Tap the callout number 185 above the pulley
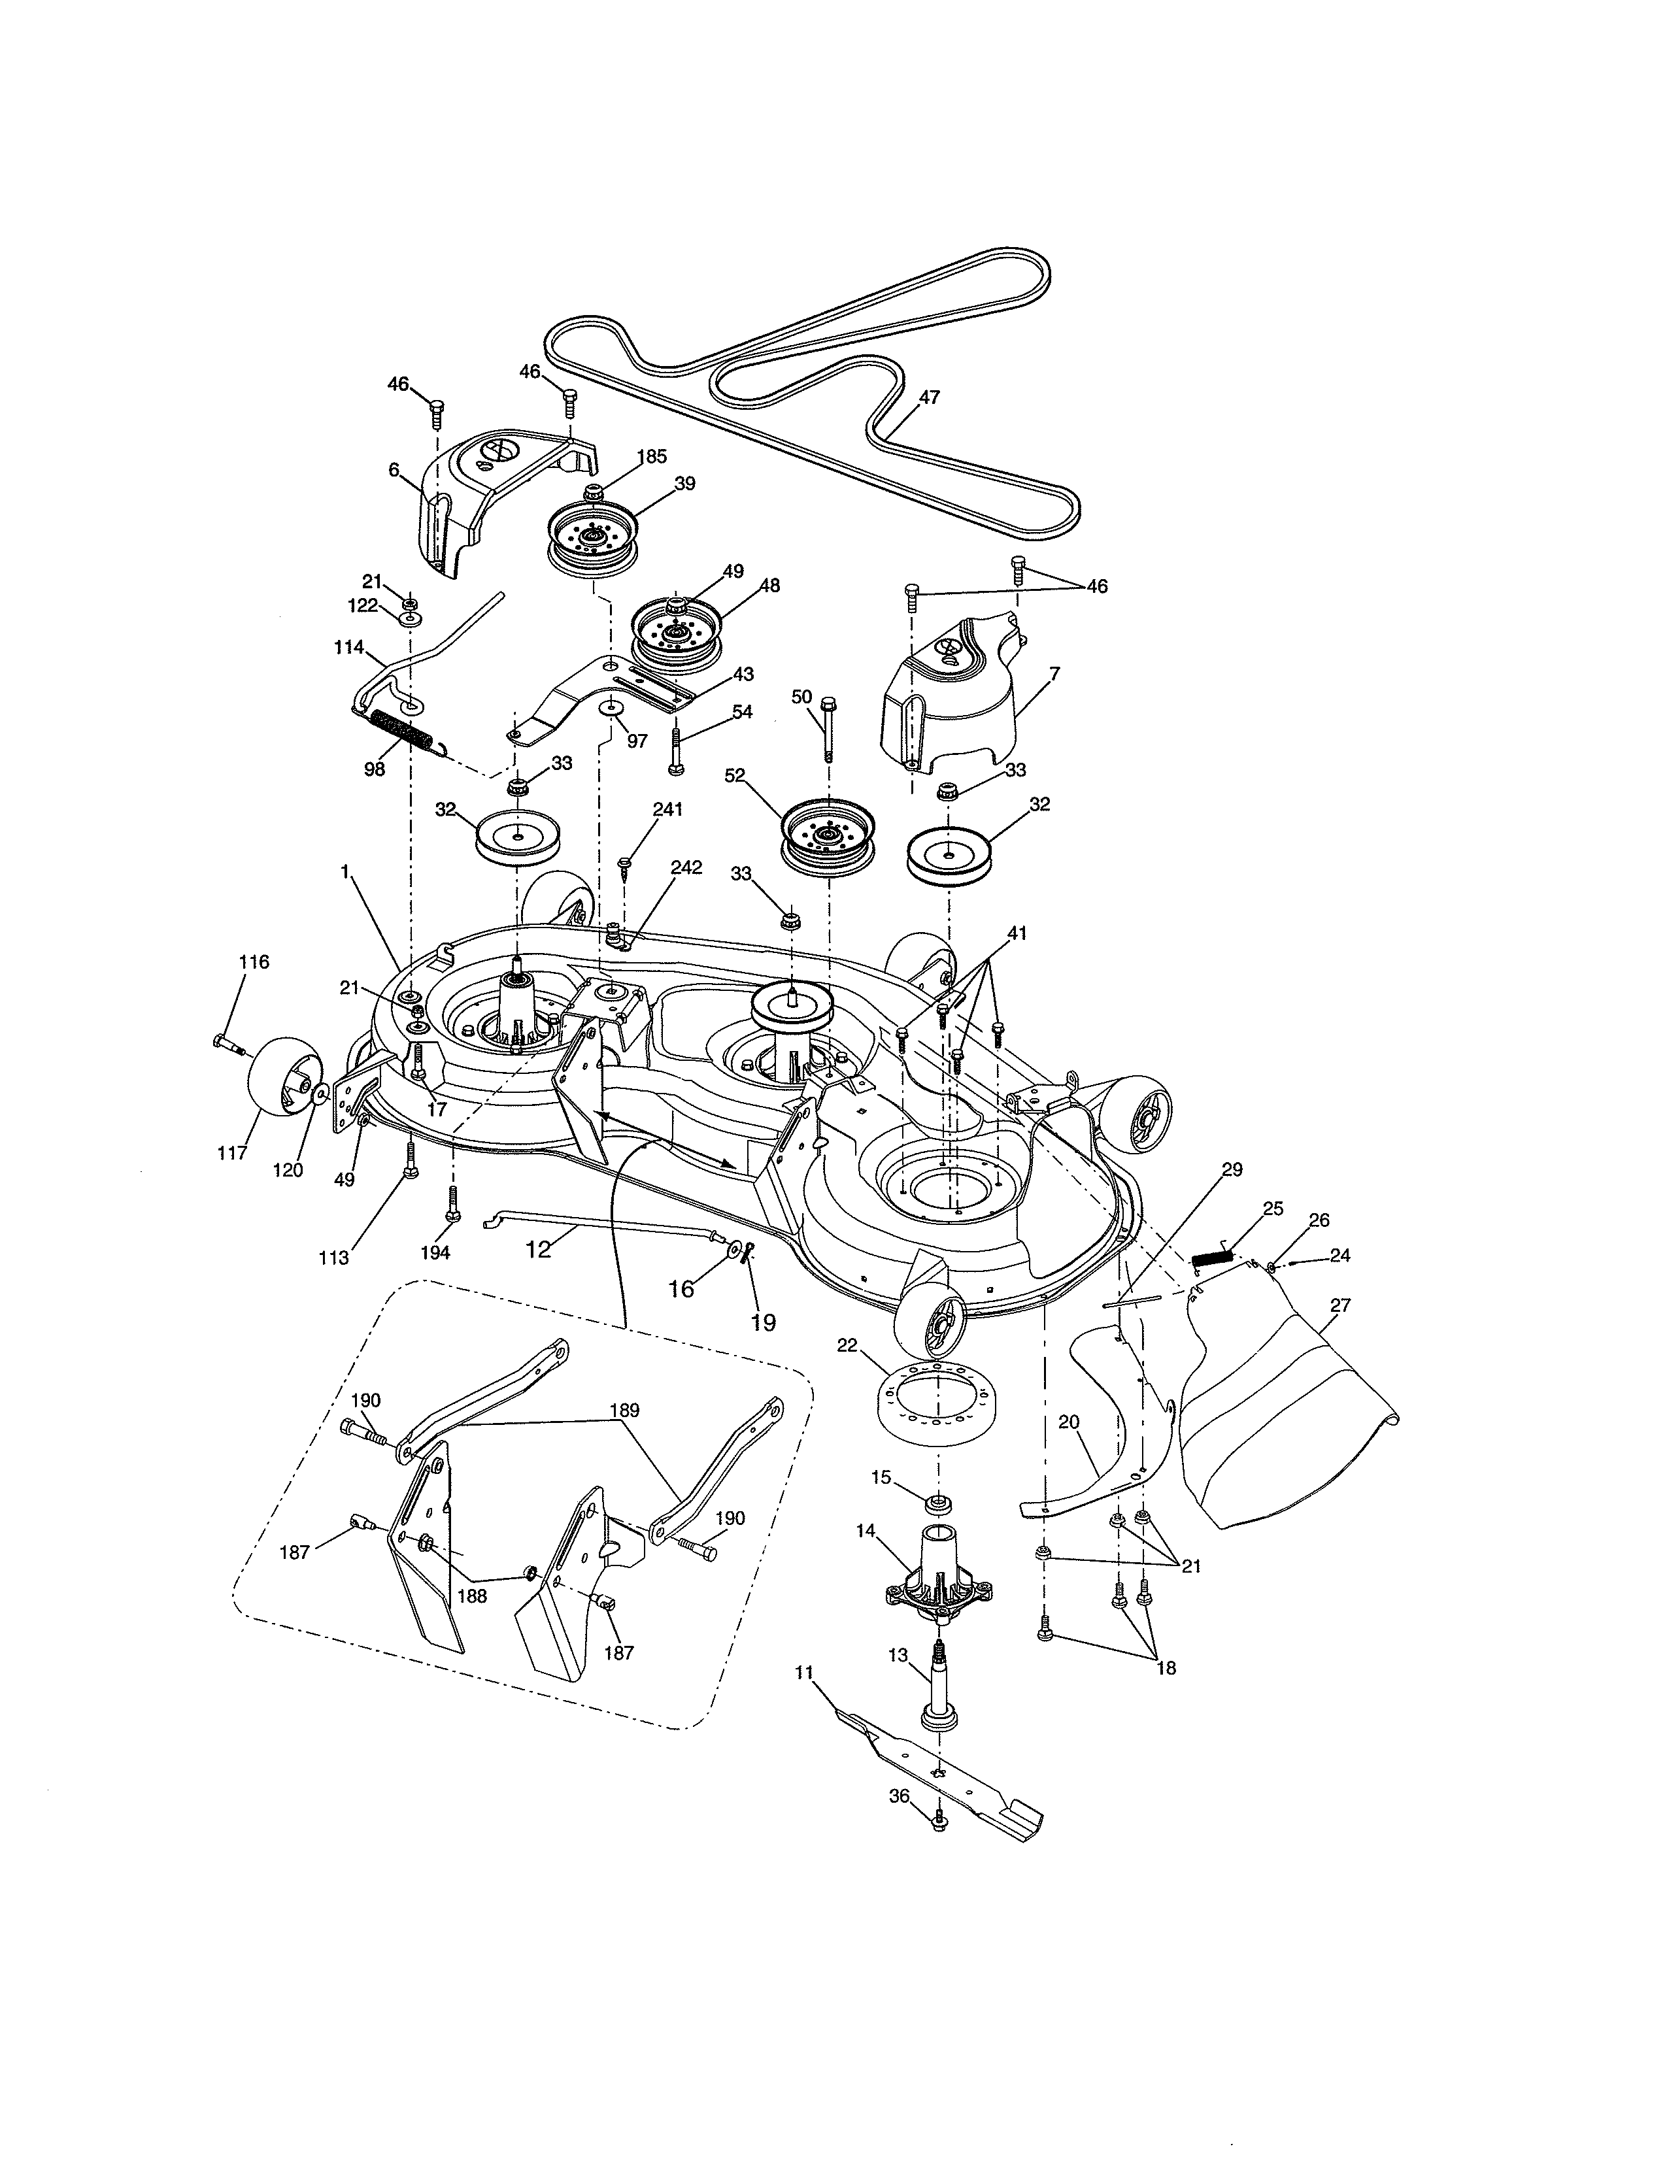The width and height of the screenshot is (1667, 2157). pos(651,456)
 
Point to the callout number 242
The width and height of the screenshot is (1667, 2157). pos(686,867)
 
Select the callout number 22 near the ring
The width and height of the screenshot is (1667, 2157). pos(847,1345)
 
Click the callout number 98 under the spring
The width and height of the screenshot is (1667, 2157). pos(375,769)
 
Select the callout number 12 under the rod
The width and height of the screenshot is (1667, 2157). pos(538,1248)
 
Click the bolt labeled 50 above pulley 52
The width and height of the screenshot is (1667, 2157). pos(828,731)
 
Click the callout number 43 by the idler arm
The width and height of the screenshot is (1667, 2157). pos(743,673)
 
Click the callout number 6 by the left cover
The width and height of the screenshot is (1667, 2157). pos(394,470)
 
